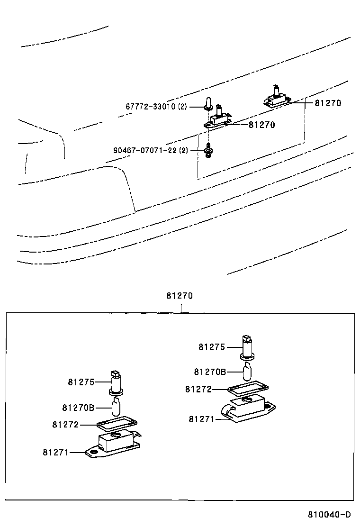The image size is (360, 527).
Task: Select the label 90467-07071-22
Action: click(145, 150)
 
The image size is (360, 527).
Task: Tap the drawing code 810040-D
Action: click(329, 515)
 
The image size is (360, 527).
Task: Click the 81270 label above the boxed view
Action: click(180, 296)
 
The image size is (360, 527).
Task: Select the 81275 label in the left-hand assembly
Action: click(81, 382)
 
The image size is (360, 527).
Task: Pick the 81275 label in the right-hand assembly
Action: click(212, 347)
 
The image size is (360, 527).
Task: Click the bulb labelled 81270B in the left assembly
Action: click(116, 406)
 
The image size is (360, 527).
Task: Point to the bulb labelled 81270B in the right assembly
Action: click(247, 372)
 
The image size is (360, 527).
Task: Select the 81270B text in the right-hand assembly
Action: click(209, 372)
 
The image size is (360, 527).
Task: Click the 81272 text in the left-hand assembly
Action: click(65, 425)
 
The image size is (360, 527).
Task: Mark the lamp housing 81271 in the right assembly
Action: click(246, 408)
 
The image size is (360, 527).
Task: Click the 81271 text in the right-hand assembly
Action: click(202, 419)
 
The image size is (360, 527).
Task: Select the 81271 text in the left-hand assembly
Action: click(56, 453)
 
